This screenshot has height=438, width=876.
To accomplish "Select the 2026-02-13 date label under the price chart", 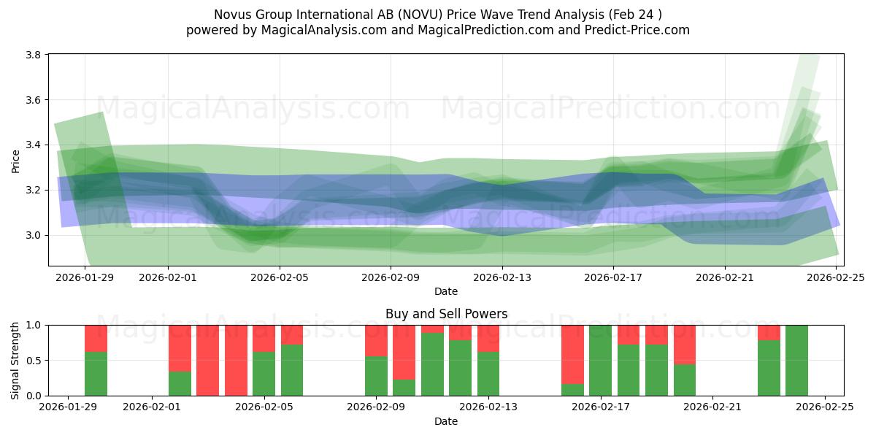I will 502,277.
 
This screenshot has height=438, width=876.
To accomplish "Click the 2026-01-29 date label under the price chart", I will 85,277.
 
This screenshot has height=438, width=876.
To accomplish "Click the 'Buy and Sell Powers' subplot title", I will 446,315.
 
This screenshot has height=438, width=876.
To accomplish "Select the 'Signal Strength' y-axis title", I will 15,361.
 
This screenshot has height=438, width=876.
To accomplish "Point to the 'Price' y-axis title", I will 15,161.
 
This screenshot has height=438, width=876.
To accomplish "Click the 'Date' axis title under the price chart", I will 446,291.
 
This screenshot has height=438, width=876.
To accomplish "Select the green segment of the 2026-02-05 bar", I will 292,370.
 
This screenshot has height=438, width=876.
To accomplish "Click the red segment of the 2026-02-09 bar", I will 376,340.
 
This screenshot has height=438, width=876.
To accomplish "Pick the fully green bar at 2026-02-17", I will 600,361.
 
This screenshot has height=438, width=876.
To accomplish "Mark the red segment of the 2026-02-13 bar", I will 488,338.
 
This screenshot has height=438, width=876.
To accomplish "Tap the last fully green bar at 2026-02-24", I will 796,361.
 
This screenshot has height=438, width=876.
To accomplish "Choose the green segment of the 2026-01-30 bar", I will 96,374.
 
